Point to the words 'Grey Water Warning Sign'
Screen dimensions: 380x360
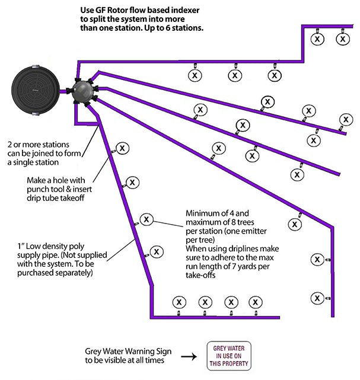(125, 351)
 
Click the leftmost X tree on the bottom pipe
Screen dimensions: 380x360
(177, 301)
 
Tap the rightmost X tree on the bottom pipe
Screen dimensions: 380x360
(255, 301)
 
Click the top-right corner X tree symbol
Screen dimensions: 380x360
(342, 39)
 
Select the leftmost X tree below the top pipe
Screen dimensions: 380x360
(193, 75)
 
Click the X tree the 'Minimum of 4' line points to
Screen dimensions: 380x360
(146, 219)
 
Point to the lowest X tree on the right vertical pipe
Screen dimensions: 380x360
(318, 298)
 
